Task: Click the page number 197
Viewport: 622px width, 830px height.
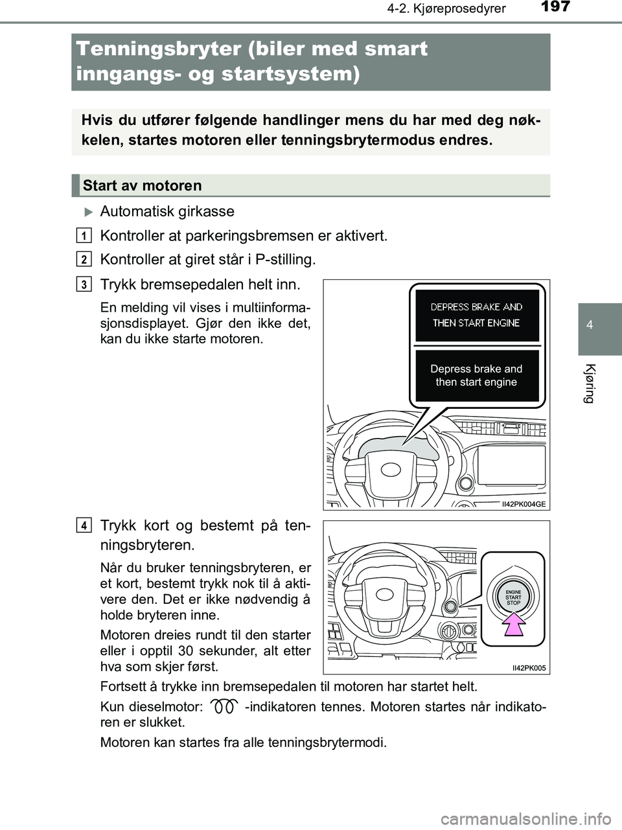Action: pyautogui.click(x=555, y=7)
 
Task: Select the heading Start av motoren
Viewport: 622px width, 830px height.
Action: pyautogui.click(x=143, y=186)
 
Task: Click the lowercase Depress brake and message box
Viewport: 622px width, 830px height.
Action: pyautogui.click(x=476, y=376)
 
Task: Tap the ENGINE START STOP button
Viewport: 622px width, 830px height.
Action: pyautogui.click(x=513, y=597)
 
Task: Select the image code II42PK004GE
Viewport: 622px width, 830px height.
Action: pyautogui.click(x=524, y=504)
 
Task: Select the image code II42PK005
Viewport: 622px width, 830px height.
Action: pyautogui.click(x=529, y=668)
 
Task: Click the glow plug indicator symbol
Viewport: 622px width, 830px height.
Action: pyautogui.click(x=224, y=707)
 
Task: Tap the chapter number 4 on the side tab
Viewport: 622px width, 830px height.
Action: pyautogui.click(x=590, y=325)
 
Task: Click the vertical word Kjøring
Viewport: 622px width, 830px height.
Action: pyautogui.click(x=590, y=384)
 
